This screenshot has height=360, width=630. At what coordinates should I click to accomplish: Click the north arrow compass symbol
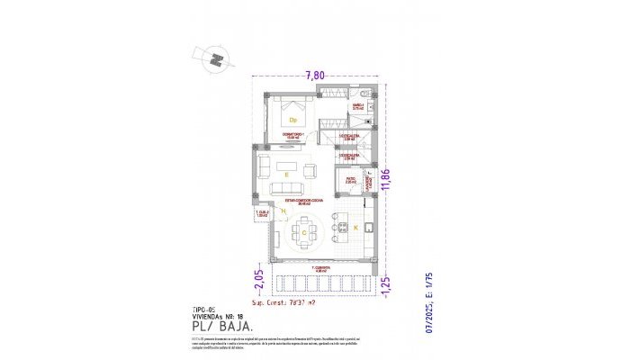click(216, 59)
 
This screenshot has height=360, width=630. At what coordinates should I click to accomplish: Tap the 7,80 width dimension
click(314, 76)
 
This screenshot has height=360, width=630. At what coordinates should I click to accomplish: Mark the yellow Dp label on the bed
click(292, 118)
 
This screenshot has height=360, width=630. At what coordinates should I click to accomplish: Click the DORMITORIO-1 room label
click(294, 137)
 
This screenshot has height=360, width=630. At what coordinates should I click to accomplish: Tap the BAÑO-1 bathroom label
click(357, 106)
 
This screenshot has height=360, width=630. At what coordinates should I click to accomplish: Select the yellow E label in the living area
click(285, 173)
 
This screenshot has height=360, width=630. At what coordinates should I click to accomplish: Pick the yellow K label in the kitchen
click(355, 229)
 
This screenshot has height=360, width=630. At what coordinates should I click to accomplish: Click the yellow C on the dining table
click(304, 233)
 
